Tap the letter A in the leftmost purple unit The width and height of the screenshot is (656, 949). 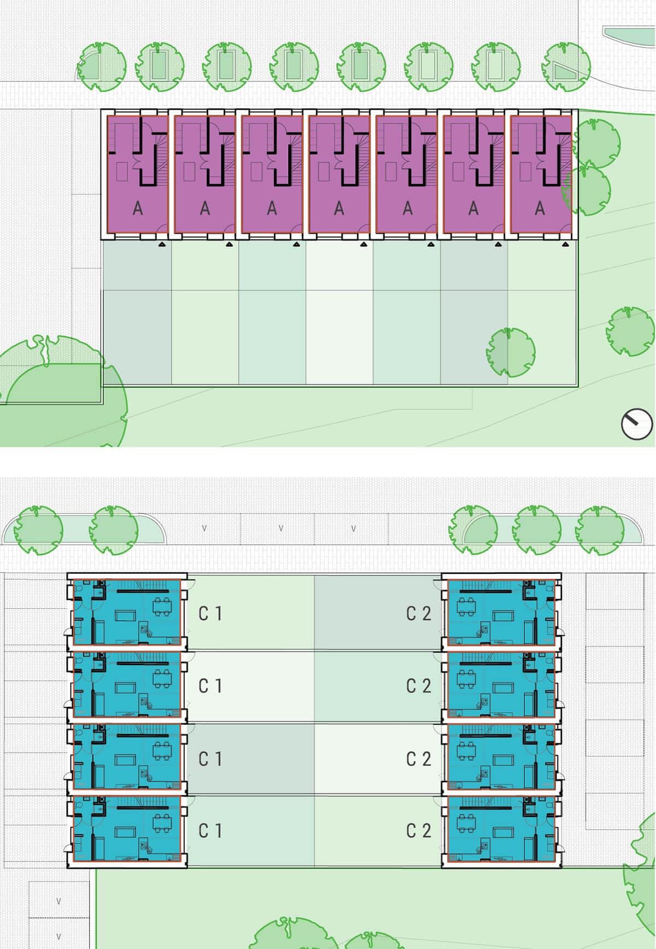tap(138, 208)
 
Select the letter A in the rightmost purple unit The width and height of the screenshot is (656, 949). tap(540, 208)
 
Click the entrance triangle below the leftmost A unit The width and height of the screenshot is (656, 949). tap(162, 244)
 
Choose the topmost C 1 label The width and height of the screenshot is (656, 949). tap(210, 614)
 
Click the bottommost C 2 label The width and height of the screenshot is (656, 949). tap(419, 831)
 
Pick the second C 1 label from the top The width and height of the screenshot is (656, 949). tap(210, 686)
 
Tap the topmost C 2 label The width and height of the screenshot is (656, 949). tap(419, 614)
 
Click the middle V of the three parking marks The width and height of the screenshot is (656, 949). tap(281, 528)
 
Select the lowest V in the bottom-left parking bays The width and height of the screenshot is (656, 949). tap(58, 936)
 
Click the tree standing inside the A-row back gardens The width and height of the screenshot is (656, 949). tap(511, 352)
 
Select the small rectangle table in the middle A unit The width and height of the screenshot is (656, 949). tap(324, 172)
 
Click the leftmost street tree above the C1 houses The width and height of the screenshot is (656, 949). tap(38, 529)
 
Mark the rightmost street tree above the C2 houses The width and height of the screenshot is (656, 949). tap(600, 529)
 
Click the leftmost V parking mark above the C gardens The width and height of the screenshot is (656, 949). tap(204, 528)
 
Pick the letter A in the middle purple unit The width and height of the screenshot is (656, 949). tap(339, 208)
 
